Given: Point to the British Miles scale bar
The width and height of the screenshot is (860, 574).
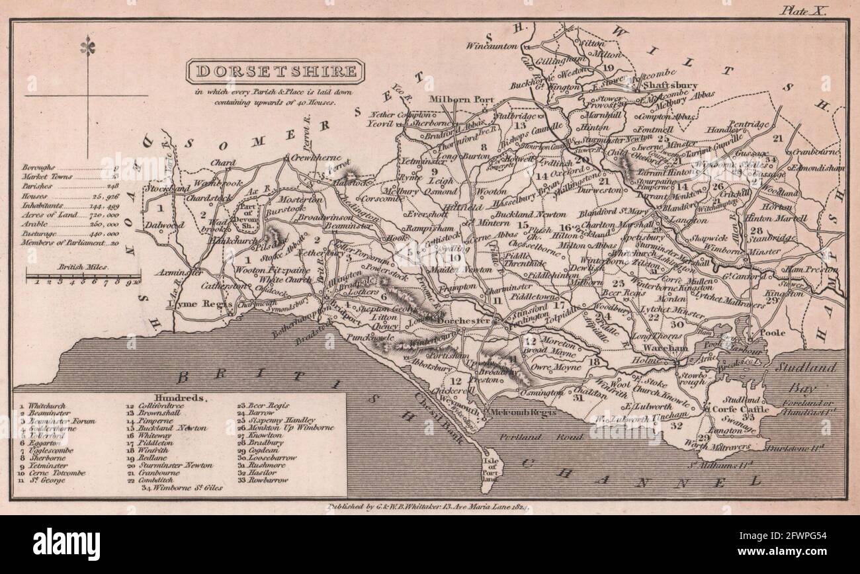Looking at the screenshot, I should (82, 276).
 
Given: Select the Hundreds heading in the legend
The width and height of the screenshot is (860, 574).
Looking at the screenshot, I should (175, 399).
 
